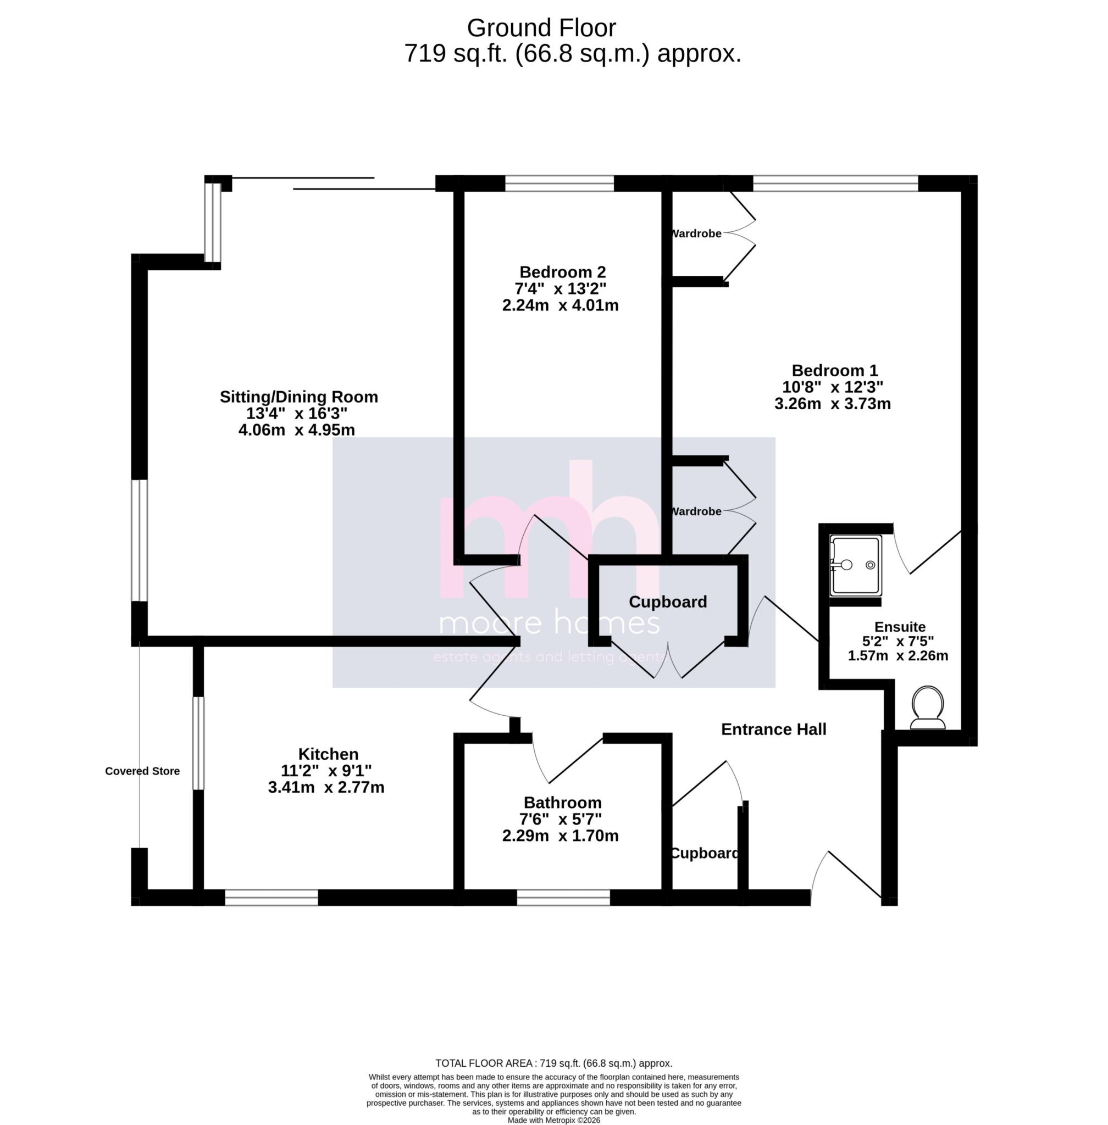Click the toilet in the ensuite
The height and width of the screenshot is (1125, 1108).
(x=928, y=707)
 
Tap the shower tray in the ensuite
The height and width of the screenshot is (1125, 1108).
(x=855, y=565)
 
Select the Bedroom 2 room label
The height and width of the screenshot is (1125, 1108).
(x=562, y=272)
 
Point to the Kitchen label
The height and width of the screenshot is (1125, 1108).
(x=328, y=754)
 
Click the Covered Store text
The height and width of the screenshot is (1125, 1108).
(x=142, y=771)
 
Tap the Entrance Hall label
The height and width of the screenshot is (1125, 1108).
(x=773, y=729)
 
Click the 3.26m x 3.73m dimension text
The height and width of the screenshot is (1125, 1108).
(x=832, y=403)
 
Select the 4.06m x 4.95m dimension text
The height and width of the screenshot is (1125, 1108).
(x=296, y=430)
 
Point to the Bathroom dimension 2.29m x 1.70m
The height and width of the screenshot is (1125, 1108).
(x=560, y=836)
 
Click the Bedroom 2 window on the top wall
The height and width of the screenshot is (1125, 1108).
(x=559, y=184)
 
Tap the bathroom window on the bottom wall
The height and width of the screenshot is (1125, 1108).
(x=563, y=898)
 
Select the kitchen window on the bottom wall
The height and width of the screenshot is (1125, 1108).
(x=271, y=898)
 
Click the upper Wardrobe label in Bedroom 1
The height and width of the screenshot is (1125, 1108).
(x=696, y=233)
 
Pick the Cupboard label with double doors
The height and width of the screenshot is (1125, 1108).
(x=667, y=602)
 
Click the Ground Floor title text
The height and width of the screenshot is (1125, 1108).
(x=541, y=27)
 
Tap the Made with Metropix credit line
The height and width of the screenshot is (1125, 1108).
(x=553, y=1120)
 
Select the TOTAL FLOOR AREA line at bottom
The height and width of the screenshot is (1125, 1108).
(x=553, y=1063)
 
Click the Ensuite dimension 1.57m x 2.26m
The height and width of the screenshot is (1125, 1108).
(x=898, y=655)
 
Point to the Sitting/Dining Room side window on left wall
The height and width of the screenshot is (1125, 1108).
(x=139, y=540)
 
